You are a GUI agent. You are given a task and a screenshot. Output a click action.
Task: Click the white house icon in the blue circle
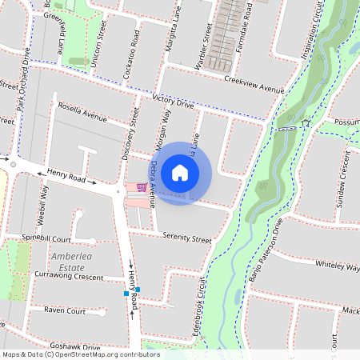180,173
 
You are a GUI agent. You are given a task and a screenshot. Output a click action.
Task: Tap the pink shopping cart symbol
142,187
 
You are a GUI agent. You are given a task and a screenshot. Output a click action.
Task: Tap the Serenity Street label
186,238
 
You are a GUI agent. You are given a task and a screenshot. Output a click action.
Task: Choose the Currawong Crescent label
69,276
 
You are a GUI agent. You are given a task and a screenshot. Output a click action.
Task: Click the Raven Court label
65,310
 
